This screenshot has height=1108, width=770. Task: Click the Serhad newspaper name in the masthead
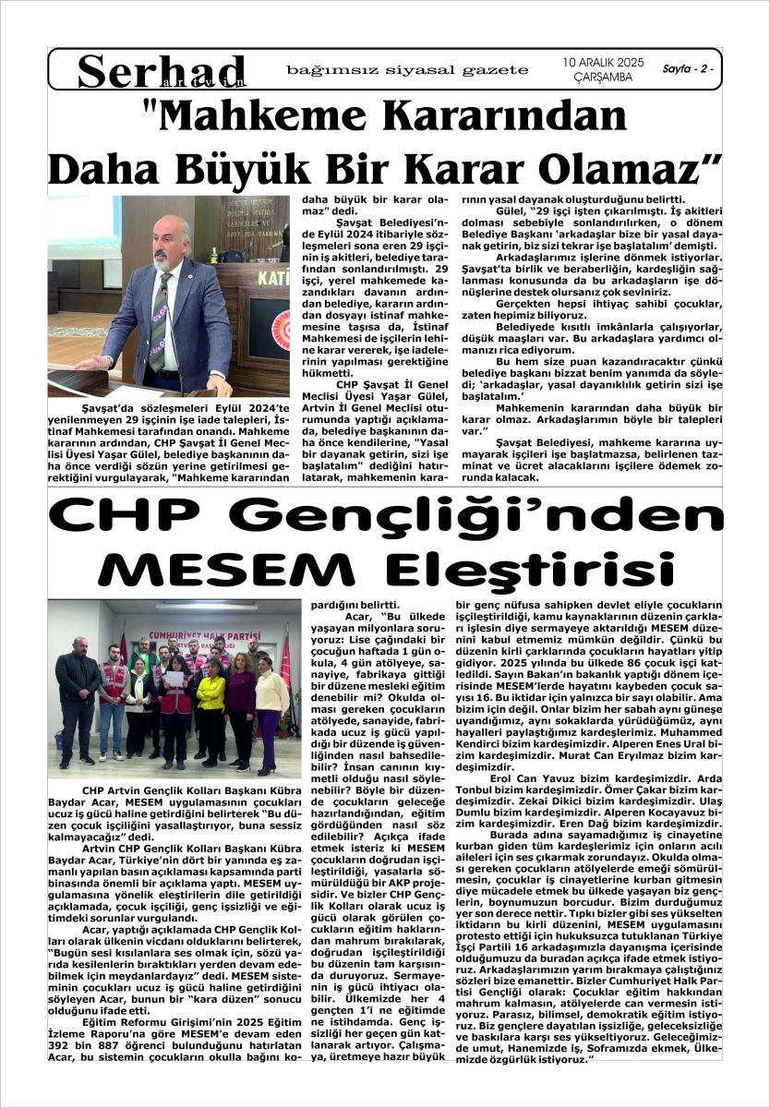pos(162,71)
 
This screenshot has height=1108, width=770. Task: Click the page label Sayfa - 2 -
pos(688,69)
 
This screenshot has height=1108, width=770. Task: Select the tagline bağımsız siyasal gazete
pos(407,69)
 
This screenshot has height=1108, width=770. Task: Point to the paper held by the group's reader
pos(173,679)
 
